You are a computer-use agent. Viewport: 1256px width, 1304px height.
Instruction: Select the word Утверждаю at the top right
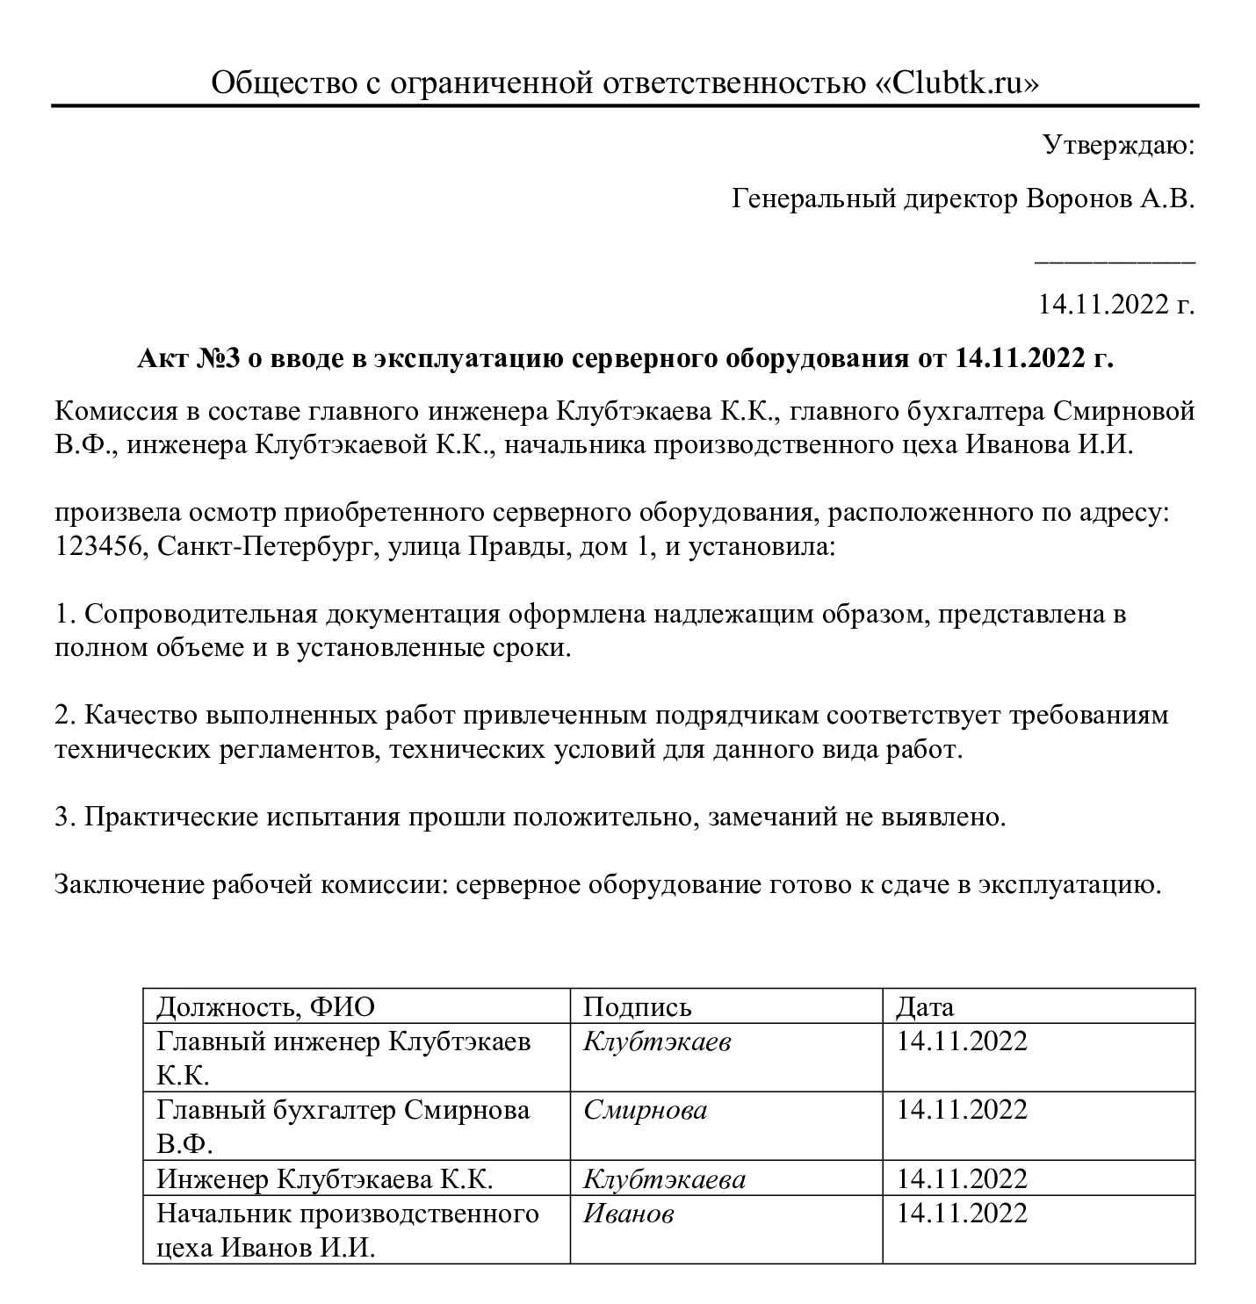coord(1118,145)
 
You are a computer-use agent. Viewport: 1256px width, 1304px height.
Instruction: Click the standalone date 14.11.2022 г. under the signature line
coord(1115,305)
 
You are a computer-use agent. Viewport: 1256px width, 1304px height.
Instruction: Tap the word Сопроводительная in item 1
coord(200,613)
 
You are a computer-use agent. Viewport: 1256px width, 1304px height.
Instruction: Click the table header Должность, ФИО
coord(265,1006)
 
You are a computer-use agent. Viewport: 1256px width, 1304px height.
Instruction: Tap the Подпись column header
coord(637,1006)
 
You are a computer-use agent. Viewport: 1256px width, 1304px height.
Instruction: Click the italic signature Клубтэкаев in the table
coord(657,1041)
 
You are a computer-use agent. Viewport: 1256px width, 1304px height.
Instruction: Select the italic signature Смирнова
coord(645,1110)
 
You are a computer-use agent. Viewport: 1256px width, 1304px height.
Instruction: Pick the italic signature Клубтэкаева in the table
coord(664,1178)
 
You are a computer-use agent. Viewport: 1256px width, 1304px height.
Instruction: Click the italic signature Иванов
coord(629,1214)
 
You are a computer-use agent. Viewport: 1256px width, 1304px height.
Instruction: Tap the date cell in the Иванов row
coord(962,1214)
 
